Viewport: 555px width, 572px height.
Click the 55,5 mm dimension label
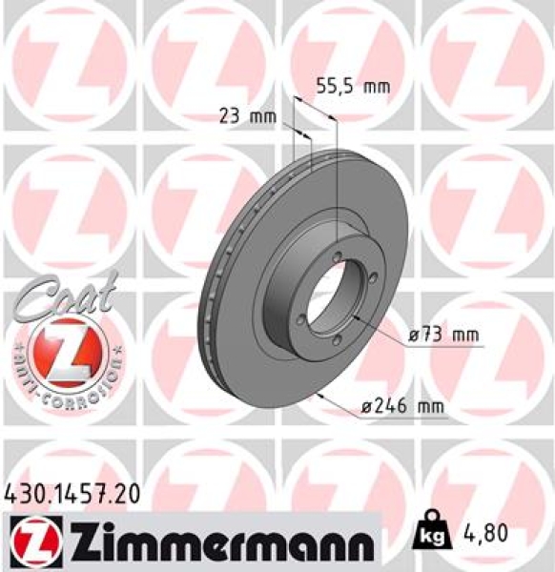pos(353,87)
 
